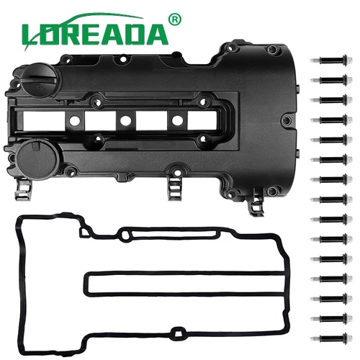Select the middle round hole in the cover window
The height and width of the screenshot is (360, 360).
124,120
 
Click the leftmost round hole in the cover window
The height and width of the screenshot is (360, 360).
73,120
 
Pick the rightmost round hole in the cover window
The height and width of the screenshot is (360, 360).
175,120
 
